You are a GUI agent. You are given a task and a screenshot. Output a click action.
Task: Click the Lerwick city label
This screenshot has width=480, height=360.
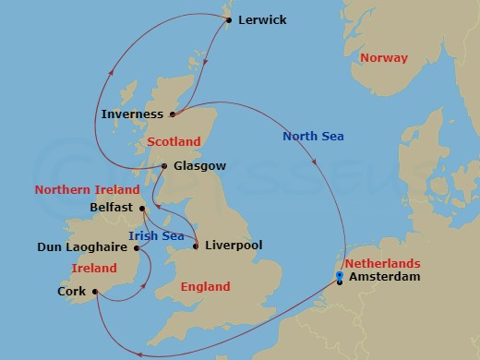tap(262, 19)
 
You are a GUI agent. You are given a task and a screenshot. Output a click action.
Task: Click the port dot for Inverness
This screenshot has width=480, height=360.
tap(173, 114)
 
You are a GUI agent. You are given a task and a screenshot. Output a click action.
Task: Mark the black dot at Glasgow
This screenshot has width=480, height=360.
tap(163, 166)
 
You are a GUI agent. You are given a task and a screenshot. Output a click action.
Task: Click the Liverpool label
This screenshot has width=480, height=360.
tap(234, 246)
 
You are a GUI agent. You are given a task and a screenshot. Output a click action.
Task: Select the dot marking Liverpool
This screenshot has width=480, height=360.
tap(196, 246)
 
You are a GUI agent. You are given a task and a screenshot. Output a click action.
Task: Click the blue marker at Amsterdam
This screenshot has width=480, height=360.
tap(340, 276)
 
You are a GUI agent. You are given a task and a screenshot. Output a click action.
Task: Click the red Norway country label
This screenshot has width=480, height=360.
tap(383, 57)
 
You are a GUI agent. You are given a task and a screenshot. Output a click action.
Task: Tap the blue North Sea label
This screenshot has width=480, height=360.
tap(313, 138)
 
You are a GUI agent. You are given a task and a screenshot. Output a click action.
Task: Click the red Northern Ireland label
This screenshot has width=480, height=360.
tap(81, 190)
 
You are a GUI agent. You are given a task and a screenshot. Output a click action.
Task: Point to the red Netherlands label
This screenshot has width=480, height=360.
tap(383, 263)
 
